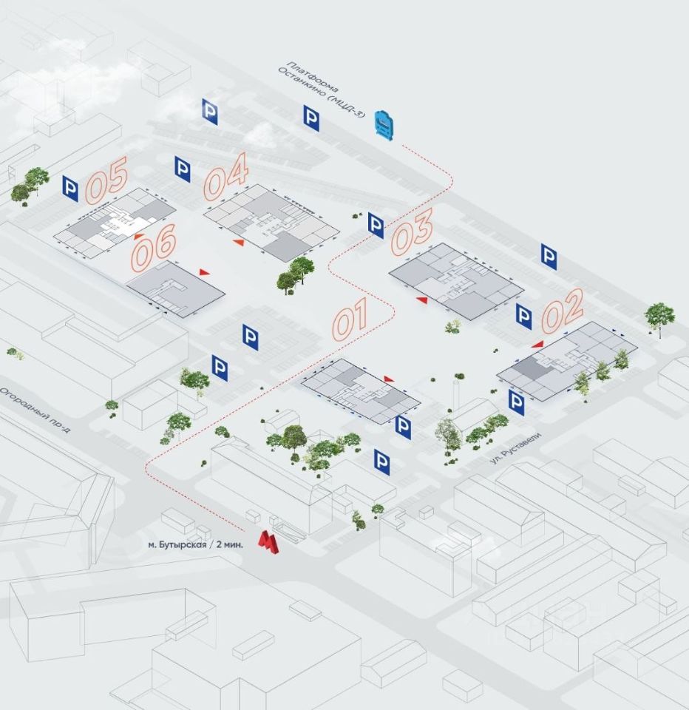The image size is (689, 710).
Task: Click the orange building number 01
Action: [360, 319]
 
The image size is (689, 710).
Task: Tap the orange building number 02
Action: [563, 310]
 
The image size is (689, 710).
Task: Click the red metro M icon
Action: [268, 542]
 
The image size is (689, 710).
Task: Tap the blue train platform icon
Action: [384, 124]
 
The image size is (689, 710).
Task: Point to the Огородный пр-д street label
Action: [33, 408]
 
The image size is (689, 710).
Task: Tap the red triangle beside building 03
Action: [421, 300]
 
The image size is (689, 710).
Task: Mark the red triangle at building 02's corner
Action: [538, 344]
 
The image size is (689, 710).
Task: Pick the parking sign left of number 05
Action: [70, 189]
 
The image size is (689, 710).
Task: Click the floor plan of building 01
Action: [361, 390]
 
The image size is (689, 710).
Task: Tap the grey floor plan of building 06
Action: [176, 289]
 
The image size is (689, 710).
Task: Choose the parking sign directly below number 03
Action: [376, 226]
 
